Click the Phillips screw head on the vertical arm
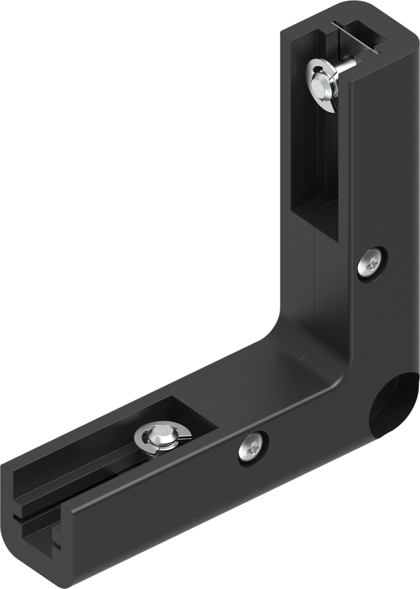point(372,264)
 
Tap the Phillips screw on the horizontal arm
point(253,446)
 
